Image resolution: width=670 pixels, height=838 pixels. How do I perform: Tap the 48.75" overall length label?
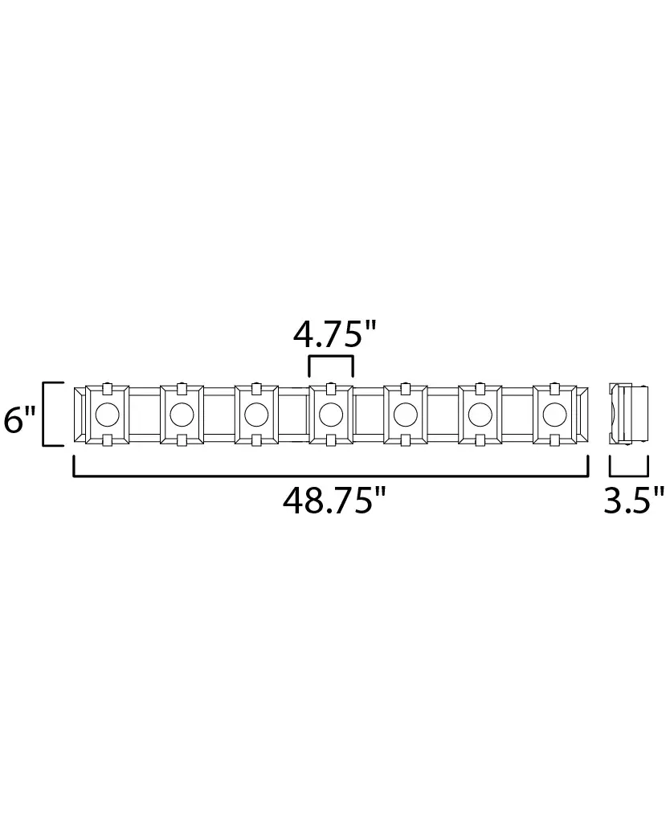334,501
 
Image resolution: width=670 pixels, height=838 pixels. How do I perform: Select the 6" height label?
19,419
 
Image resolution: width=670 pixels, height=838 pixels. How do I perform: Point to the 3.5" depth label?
634,501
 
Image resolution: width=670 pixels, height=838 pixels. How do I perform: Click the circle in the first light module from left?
107,414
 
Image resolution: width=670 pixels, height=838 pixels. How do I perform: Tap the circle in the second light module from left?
182,414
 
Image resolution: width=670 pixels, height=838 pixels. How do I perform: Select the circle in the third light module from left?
256,414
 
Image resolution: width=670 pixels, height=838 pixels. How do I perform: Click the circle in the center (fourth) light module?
331,414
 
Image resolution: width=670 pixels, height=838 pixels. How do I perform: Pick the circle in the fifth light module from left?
405,414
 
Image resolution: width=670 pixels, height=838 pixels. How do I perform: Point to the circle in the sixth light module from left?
480,414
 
